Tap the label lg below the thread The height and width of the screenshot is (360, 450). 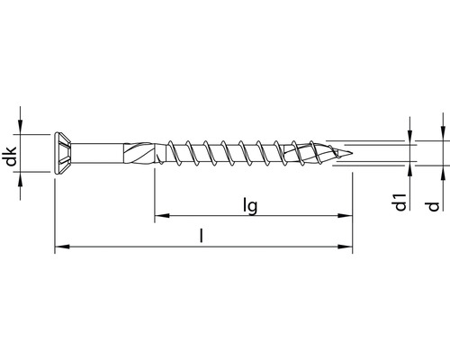(x=251, y=206)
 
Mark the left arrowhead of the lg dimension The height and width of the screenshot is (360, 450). (x=160, y=216)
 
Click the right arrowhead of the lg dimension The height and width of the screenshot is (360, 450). (x=345, y=216)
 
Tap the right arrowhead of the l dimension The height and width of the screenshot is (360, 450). (x=345, y=246)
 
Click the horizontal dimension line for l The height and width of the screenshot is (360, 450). (x=135, y=246)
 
